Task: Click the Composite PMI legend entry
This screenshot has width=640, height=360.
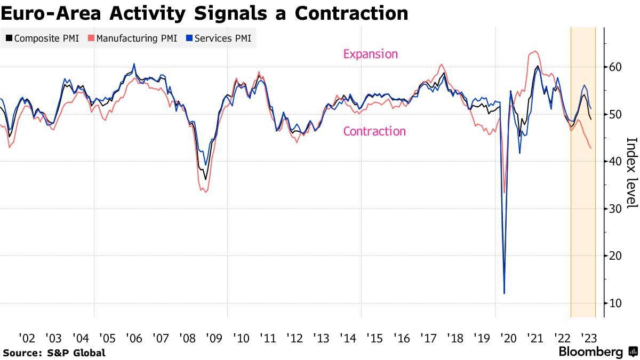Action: click(42, 38)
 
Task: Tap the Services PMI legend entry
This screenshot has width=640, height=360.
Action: click(218, 38)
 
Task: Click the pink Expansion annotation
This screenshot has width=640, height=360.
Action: click(371, 54)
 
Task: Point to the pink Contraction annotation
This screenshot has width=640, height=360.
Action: click(374, 131)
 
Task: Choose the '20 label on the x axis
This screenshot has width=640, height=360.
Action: click(508, 338)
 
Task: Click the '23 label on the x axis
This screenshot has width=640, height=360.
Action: click(588, 338)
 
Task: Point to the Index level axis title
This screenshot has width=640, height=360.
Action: click(631, 173)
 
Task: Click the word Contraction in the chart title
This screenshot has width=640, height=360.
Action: click(351, 13)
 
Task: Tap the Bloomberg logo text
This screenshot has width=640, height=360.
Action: click(590, 352)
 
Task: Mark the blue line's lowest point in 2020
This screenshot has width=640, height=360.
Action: click(504, 293)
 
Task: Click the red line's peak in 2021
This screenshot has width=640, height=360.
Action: click(534, 51)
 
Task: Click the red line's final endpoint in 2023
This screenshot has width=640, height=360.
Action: click(590, 148)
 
